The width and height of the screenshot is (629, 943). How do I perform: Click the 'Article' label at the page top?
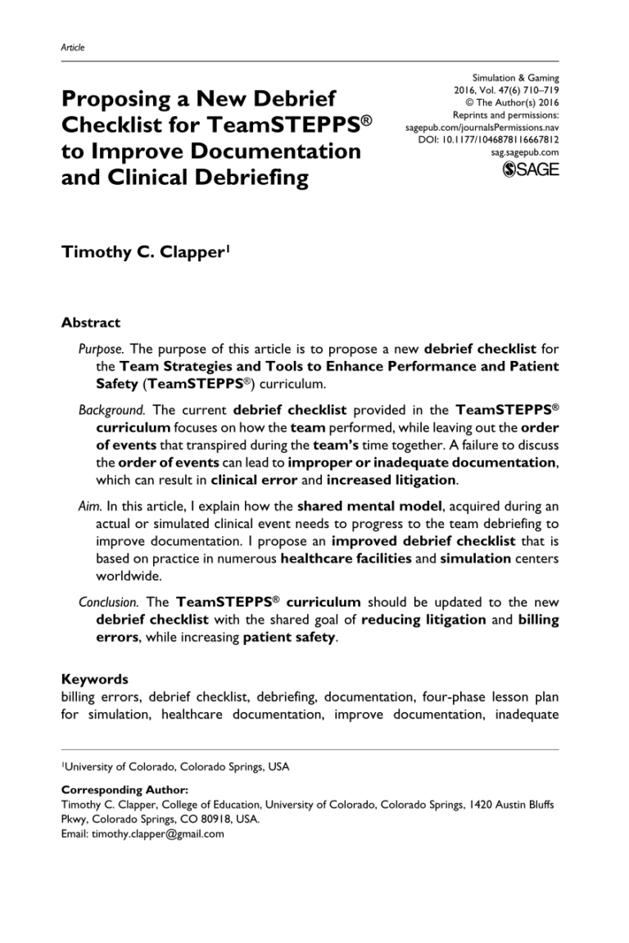[73, 47]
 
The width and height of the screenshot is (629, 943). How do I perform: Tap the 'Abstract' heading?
[91, 323]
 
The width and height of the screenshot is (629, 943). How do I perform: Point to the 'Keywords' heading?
[95, 679]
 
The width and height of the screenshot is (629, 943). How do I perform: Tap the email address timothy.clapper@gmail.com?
[156, 834]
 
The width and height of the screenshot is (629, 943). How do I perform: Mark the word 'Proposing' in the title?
[117, 100]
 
